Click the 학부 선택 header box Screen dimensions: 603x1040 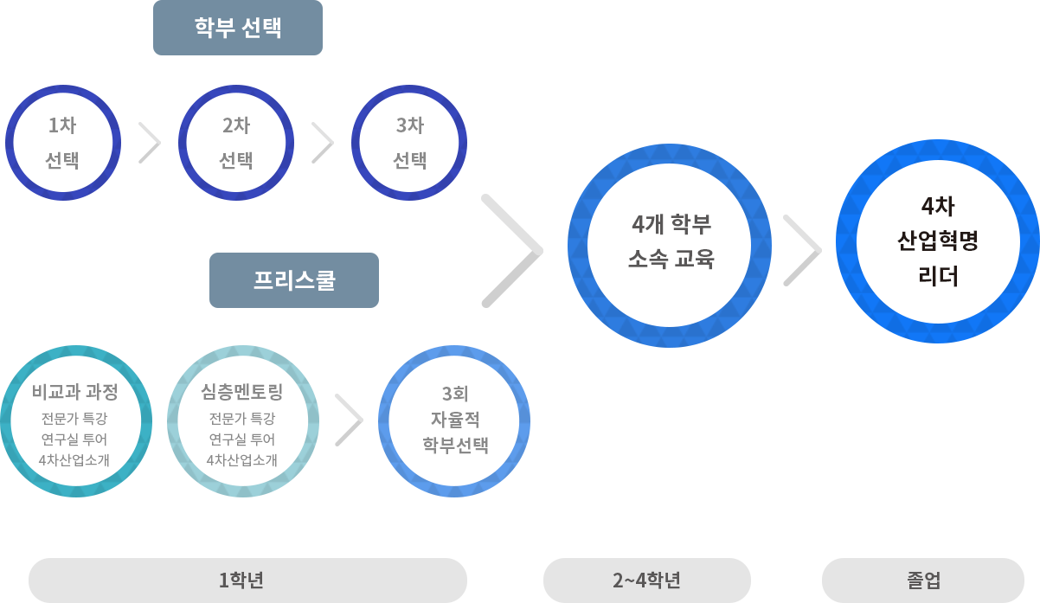pyautogui.click(x=237, y=29)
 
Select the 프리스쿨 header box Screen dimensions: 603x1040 pyautogui.click(x=293, y=279)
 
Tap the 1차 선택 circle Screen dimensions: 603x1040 pyautogui.click(x=62, y=142)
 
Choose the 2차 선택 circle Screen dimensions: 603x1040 pyautogui.click(x=235, y=142)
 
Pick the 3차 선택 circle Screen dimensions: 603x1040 pyautogui.click(x=410, y=142)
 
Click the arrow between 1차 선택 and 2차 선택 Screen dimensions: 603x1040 pyautogui.click(x=150, y=143)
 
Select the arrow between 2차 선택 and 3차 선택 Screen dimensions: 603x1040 pyautogui.click(x=323, y=143)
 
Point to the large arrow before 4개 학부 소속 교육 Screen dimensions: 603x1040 pyautogui.click(x=512, y=251)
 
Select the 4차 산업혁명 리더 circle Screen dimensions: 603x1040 pyautogui.click(x=937, y=241)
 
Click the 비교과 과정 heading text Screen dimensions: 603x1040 pyautogui.click(x=75, y=392)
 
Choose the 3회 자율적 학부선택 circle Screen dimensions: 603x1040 pyautogui.click(x=454, y=420)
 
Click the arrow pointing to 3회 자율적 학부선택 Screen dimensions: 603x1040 pyautogui.click(x=349, y=420)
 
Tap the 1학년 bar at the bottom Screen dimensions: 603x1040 pyautogui.click(x=247, y=580)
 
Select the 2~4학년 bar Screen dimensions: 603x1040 pyautogui.click(x=646, y=580)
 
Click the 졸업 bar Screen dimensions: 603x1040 pyautogui.click(x=922, y=580)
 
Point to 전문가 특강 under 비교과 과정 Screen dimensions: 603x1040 pyautogui.click(x=75, y=420)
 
